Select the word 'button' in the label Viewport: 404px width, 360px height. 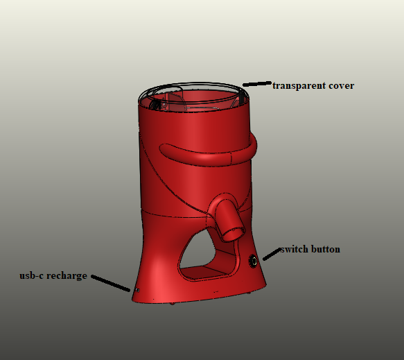(x=326, y=250)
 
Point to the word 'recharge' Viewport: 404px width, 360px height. (x=67, y=276)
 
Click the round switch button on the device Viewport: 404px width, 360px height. (x=253, y=261)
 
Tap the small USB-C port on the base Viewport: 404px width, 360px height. (x=137, y=291)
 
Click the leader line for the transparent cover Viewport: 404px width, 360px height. (x=257, y=84)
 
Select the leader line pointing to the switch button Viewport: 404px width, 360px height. (x=272, y=254)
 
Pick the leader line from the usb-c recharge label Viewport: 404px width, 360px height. (x=110, y=283)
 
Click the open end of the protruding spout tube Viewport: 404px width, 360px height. (x=233, y=233)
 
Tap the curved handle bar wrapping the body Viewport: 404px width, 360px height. (x=206, y=157)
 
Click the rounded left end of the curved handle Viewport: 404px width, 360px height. (x=164, y=149)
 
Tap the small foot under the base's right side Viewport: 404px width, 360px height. (x=249, y=293)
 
